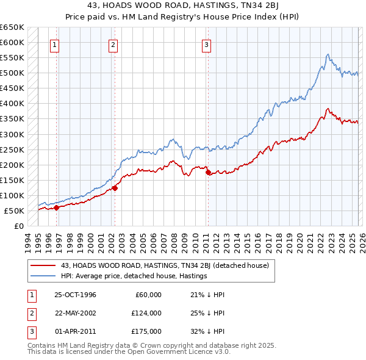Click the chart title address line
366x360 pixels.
pyautogui.click(x=182, y=5)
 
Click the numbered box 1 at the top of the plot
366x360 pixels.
pyautogui.click(x=55, y=44)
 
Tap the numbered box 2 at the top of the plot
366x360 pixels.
pyautogui.click(x=113, y=44)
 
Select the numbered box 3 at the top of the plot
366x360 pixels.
pyautogui.click(x=206, y=44)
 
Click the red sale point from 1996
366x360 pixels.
pyautogui.click(x=57, y=207)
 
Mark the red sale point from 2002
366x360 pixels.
pyautogui.click(x=115, y=188)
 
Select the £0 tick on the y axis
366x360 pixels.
pyautogui.click(x=19, y=226)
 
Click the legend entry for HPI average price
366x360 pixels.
pyautogui.click(x=134, y=276)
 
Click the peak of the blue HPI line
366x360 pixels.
pyautogui.click(x=328, y=54)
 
